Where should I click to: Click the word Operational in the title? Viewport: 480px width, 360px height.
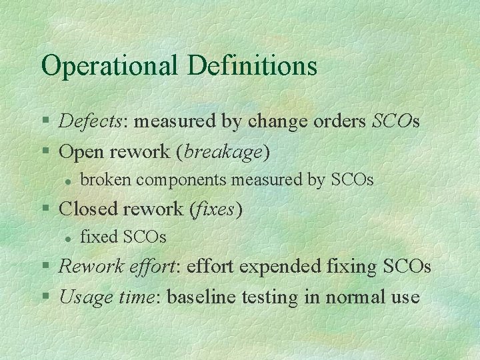click(x=110, y=65)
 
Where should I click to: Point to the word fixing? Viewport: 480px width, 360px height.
click(x=353, y=267)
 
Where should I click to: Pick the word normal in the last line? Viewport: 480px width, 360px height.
click(x=351, y=297)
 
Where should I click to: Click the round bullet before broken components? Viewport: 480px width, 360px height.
click(x=68, y=181)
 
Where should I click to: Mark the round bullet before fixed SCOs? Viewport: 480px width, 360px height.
click(x=68, y=237)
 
